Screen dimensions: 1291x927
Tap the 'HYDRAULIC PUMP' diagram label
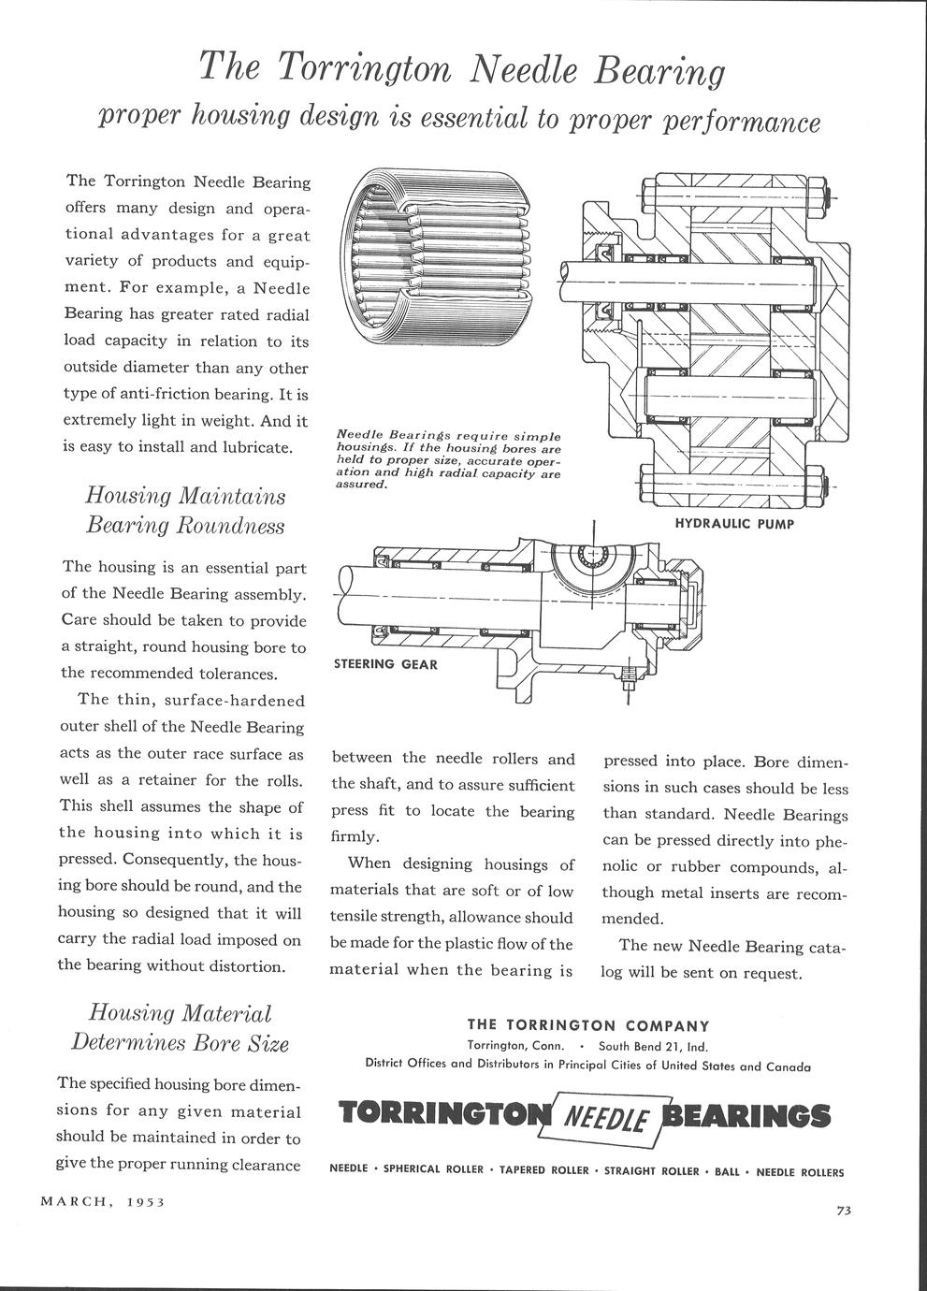pyautogui.click(x=734, y=524)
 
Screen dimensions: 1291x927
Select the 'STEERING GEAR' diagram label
pyautogui.click(x=386, y=664)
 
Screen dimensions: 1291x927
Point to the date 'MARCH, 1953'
pyautogui.click(x=103, y=1201)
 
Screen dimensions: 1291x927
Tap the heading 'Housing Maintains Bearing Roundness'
pyautogui.click(x=185, y=510)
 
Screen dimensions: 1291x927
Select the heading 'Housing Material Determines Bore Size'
pyautogui.click(x=180, y=1027)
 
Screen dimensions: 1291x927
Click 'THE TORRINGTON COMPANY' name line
pyautogui.click(x=588, y=1025)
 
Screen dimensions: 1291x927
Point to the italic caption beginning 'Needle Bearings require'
pyautogui.click(x=448, y=459)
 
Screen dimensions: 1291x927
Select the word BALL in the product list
pyautogui.click(x=727, y=1171)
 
